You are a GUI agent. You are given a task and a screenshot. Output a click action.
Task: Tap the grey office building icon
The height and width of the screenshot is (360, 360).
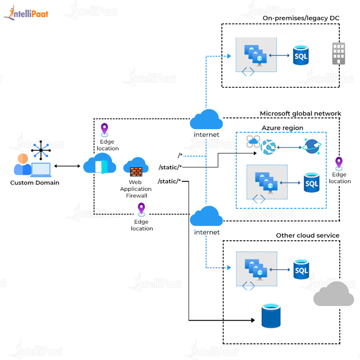click(338, 54)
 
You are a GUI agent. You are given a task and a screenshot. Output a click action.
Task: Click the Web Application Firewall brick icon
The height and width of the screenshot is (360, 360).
click(136, 171)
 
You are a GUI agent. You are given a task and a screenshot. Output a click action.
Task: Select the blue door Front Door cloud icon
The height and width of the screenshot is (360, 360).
click(100, 165)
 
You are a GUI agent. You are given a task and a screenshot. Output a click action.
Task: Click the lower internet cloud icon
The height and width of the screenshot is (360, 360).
click(206, 216)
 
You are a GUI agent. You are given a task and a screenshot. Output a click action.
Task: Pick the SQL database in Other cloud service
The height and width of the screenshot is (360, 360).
click(301, 270)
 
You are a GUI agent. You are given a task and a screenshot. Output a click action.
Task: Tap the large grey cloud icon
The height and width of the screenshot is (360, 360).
click(333, 294)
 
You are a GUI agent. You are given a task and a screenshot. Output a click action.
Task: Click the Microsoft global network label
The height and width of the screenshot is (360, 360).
click(300, 113)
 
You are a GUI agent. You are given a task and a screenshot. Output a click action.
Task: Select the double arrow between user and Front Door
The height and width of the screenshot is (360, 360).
click(67, 167)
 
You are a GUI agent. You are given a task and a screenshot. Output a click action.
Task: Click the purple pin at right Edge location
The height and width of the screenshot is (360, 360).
click(339, 163)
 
